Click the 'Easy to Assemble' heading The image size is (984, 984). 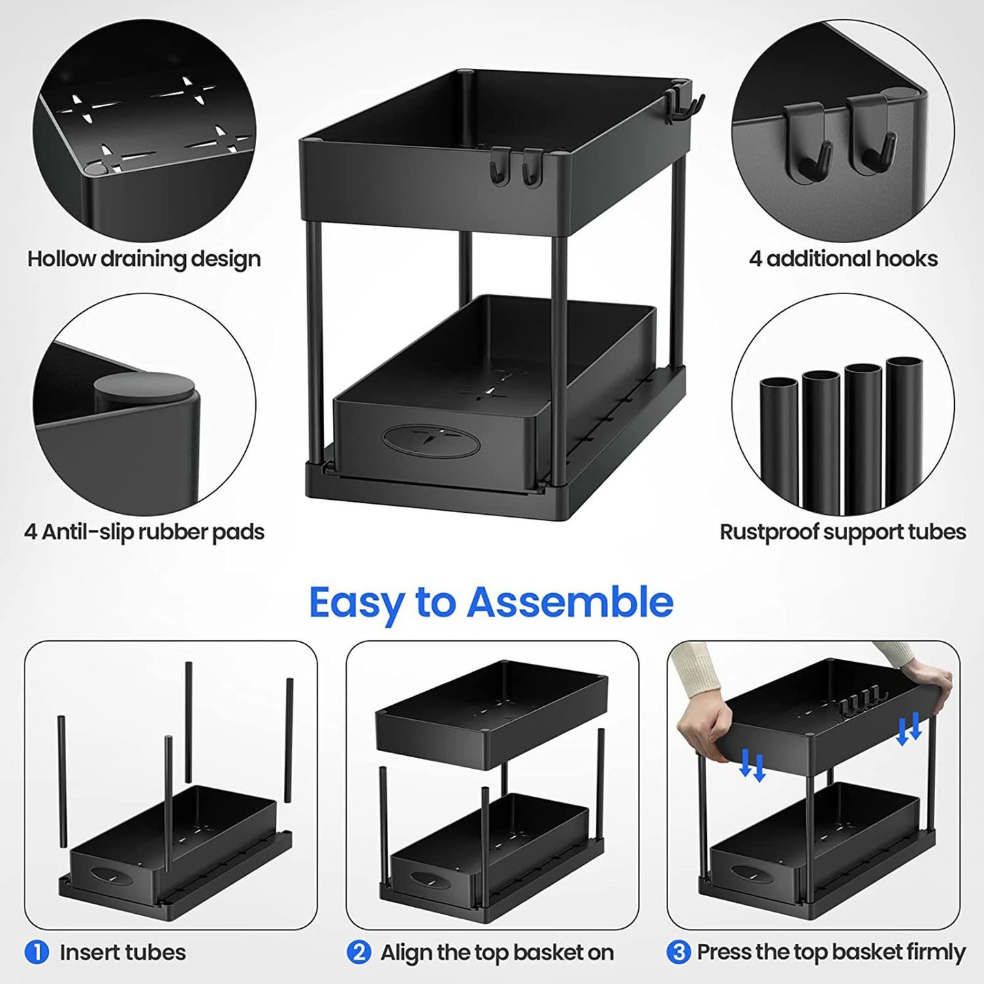pyautogui.click(x=491, y=602)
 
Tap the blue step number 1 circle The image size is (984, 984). pyautogui.click(x=37, y=951)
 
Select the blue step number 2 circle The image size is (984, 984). pyautogui.click(x=359, y=951)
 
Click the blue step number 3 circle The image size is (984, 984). pyautogui.click(x=678, y=951)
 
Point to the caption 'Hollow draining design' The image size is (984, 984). pyautogui.click(x=144, y=259)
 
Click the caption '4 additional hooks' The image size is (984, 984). pyautogui.click(x=843, y=259)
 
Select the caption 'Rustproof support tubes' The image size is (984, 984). pyautogui.click(x=842, y=532)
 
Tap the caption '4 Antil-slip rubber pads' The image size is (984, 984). pyautogui.click(x=144, y=532)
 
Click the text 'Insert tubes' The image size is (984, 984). pyautogui.click(x=123, y=951)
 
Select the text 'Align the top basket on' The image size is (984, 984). pyautogui.click(x=496, y=951)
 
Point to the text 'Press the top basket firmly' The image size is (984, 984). pyautogui.click(x=831, y=951)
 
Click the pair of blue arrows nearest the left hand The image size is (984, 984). pyautogui.click(x=752, y=765)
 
